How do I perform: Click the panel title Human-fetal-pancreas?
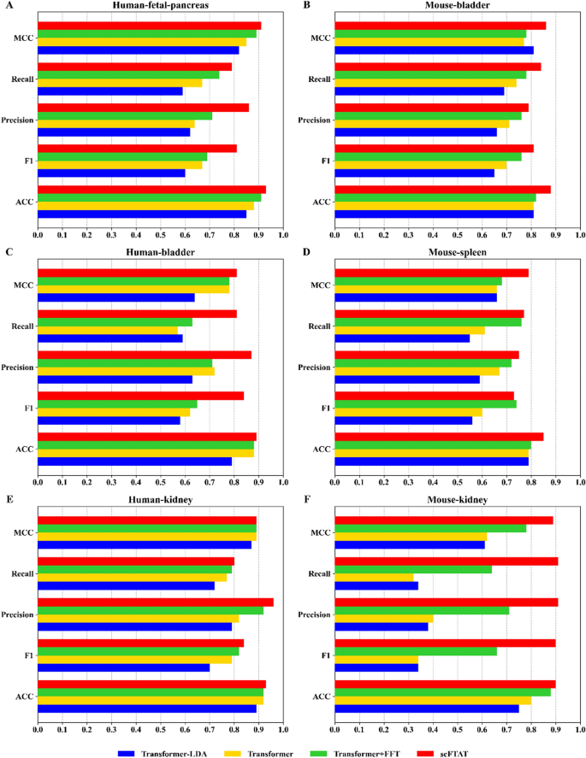(x=160, y=7)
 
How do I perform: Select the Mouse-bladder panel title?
(x=457, y=7)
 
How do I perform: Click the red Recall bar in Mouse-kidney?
(x=446, y=561)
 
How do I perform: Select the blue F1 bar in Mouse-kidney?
(x=376, y=667)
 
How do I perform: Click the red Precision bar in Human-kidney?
(x=155, y=602)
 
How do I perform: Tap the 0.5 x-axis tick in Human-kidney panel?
(x=160, y=729)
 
